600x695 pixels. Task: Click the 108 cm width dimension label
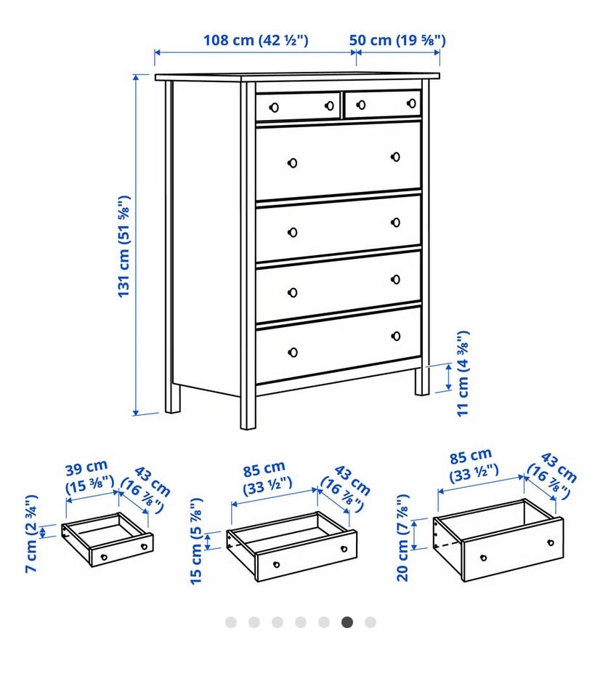click(256, 40)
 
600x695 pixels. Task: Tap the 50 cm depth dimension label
click(397, 40)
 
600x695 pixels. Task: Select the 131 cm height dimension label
click(124, 246)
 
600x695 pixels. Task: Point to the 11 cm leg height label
click(463, 374)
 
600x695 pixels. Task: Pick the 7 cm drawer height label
click(31, 534)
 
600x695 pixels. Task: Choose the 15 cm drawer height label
click(195, 541)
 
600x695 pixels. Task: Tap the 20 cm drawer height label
click(402, 538)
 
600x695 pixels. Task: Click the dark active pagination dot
click(347, 622)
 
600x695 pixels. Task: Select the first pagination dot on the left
click(231, 622)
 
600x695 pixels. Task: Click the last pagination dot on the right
click(370, 622)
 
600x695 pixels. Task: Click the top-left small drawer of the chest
click(298, 106)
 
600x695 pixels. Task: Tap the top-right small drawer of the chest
click(383, 104)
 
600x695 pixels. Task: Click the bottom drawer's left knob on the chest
click(293, 353)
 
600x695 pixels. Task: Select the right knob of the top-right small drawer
click(411, 103)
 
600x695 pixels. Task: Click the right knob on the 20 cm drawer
click(551, 542)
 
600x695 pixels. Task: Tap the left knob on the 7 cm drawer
click(104, 557)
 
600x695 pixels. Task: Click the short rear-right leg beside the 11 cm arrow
click(422, 381)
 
